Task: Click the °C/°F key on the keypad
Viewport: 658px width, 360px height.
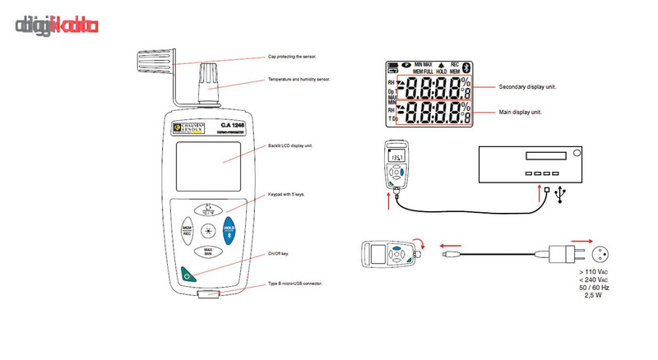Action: click(208, 209)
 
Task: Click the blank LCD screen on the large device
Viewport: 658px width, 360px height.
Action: click(208, 164)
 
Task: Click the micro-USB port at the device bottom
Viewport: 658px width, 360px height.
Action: click(207, 292)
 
